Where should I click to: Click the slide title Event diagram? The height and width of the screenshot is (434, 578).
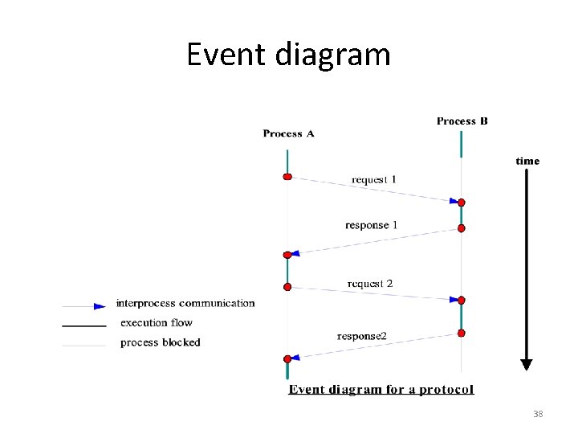click(x=288, y=55)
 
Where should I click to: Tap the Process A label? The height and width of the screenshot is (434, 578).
click(x=288, y=133)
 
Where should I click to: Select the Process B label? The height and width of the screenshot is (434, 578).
click(x=462, y=121)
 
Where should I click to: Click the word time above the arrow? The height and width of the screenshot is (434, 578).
click(x=527, y=161)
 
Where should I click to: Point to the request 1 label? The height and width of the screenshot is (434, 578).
click(x=374, y=179)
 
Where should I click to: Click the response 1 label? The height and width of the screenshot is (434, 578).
click(x=372, y=225)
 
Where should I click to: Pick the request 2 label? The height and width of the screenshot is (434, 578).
click(x=370, y=284)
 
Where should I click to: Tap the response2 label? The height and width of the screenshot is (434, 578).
click(x=362, y=335)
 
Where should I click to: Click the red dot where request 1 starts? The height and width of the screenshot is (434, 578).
click(x=287, y=177)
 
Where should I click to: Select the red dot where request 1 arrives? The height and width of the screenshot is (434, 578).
click(x=462, y=203)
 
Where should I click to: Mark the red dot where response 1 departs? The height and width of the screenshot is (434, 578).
click(x=462, y=228)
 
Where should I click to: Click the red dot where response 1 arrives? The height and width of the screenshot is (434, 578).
click(x=287, y=255)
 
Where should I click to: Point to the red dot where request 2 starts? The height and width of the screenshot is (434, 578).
click(x=287, y=286)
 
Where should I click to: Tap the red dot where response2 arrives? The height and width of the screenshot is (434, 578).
click(x=287, y=358)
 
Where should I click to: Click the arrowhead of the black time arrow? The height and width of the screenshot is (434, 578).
click(x=527, y=363)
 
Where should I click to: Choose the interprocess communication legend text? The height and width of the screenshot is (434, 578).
click(x=185, y=304)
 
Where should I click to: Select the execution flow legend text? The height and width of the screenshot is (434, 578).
click(x=157, y=323)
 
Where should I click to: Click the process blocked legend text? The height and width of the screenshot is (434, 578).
click(x=160, y=342)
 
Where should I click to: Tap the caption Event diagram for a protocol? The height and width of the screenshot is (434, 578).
click(x=381, y=390)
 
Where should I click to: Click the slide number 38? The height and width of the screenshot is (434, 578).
click(x=538, y=414)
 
